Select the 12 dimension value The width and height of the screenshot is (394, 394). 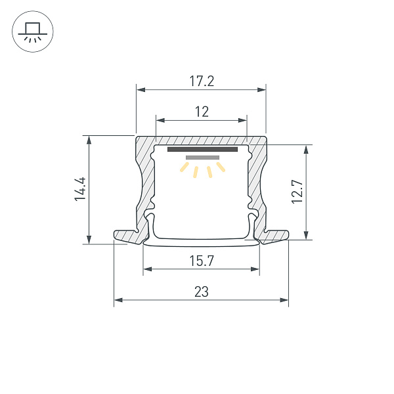pyautogui.click(x=202, y=112)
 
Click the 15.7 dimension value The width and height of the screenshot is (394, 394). pyautogui.click(x=202, y=261)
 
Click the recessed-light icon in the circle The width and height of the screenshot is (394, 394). pyautogui.click(x=33, y=32)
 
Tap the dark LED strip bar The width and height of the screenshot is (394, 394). pyautogui.click(x=202, y=150)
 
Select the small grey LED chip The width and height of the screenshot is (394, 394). pyautogui.click(x=202, y=158)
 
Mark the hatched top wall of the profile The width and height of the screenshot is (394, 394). pyautogui.click(x=202, y=141)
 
